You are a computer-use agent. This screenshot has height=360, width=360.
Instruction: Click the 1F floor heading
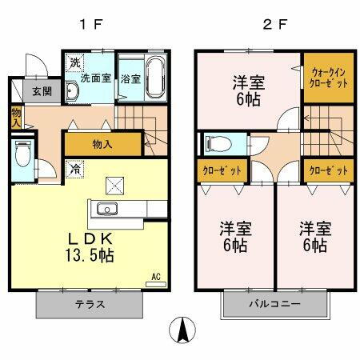(90, 22)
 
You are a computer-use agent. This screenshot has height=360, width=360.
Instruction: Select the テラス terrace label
(90, 304)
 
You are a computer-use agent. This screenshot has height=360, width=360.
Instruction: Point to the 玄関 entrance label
(42, 90)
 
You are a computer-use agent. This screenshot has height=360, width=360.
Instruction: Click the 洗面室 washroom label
(94, 79)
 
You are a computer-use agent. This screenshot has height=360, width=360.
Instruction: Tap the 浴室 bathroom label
(130, 79)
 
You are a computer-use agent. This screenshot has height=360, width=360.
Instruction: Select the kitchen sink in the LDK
(107, 210)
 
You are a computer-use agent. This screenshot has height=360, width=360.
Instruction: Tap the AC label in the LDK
(156, 276)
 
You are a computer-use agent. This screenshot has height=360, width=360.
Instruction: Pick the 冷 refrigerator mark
(74, 170)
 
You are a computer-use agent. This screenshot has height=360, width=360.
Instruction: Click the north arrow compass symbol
(183, 330)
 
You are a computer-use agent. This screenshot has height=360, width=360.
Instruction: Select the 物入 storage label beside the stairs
(102, 144)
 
